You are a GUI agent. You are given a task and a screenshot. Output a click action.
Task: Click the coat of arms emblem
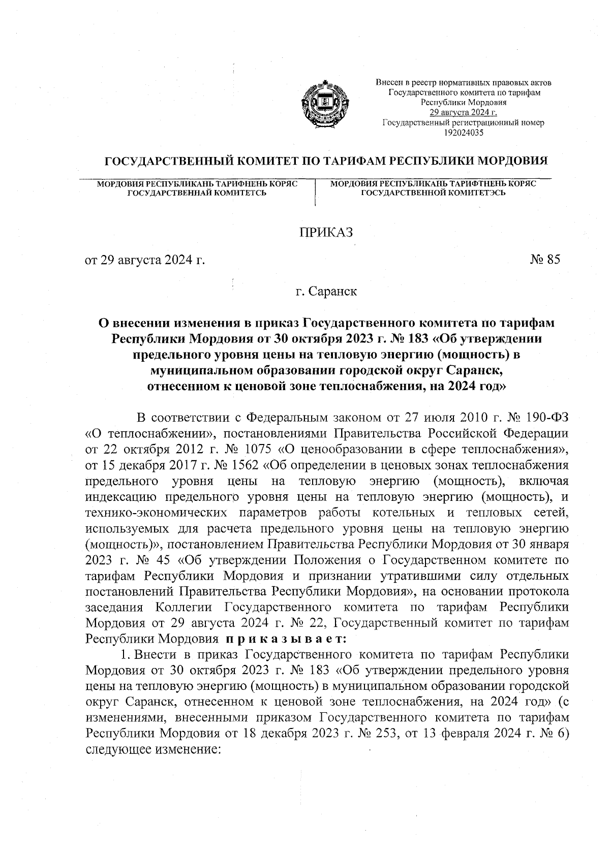coord(319,104)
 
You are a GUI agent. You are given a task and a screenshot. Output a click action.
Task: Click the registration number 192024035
coord(464,133)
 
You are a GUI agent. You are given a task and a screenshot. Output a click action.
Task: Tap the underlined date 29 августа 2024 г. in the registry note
coord(464,113)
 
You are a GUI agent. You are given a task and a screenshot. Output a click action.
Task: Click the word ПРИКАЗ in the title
coord(325,232)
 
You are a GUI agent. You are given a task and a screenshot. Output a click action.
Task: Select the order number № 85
coord(545,260)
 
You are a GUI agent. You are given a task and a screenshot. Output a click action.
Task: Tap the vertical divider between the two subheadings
coord(316,192)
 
